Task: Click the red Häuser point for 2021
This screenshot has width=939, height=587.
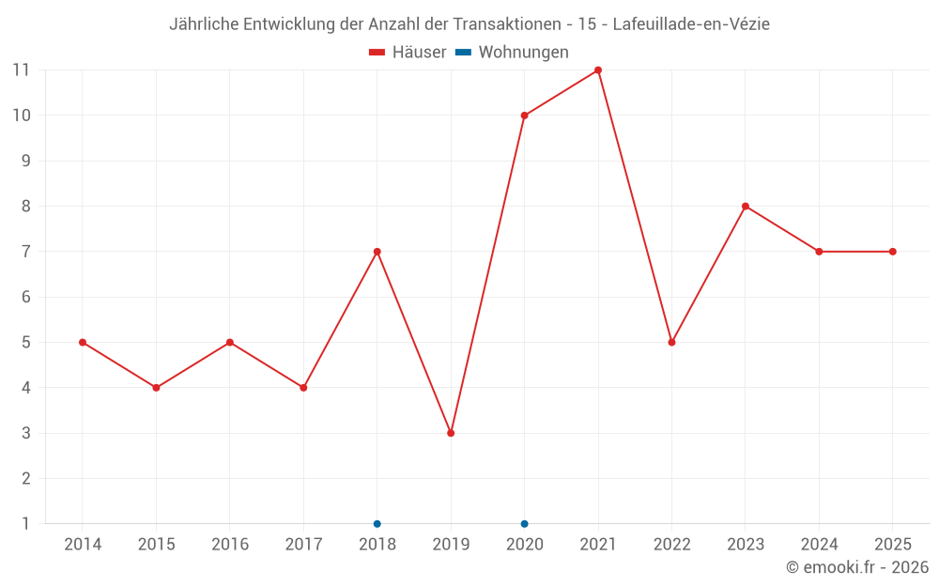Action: pos(597,70)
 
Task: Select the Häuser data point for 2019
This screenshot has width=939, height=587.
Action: pos(451,433)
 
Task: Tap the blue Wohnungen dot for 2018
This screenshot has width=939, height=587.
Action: pos(377,524)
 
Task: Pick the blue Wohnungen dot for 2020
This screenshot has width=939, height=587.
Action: pos(525,524)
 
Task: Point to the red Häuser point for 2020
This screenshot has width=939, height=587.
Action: pos(525,116)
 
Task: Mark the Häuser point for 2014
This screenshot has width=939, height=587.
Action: pos(83,343)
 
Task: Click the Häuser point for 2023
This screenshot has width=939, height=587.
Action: pos(746,206)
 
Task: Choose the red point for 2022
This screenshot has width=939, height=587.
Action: pos(672,343)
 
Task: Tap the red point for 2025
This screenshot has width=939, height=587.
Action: pos(893,252)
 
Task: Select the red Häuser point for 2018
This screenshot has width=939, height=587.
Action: pos(377,252)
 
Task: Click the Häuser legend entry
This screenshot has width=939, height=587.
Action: pos(408,52)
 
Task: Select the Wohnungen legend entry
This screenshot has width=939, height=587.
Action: pos(512,52)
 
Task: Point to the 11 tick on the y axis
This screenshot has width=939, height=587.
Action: pos(21,70)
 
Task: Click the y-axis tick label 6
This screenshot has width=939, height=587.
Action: pos(25,297)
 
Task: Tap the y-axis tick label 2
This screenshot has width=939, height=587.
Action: pos(25,479)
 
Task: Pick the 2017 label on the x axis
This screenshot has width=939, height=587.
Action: pos(303,544)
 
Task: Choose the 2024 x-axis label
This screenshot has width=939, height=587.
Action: pos(819,544)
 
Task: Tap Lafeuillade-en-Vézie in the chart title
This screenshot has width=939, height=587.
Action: pos(691,24)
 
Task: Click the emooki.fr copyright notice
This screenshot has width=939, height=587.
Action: pos(857,566)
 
